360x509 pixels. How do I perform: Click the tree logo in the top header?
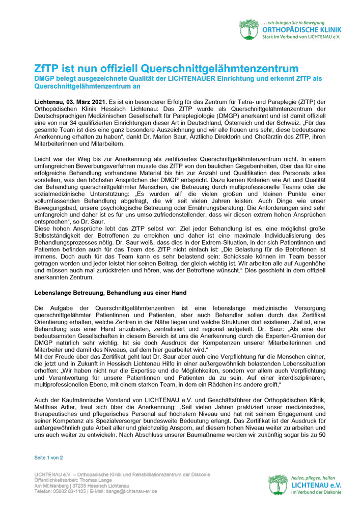point(249,30)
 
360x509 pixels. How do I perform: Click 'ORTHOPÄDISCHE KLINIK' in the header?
point(301,31)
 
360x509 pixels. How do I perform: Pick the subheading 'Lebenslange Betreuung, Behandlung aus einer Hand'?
point(110,293)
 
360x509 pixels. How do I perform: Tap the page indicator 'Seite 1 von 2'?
point(48,458)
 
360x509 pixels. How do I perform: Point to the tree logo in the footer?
point(278,486)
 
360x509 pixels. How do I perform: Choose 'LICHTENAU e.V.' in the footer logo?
point(316,486)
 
